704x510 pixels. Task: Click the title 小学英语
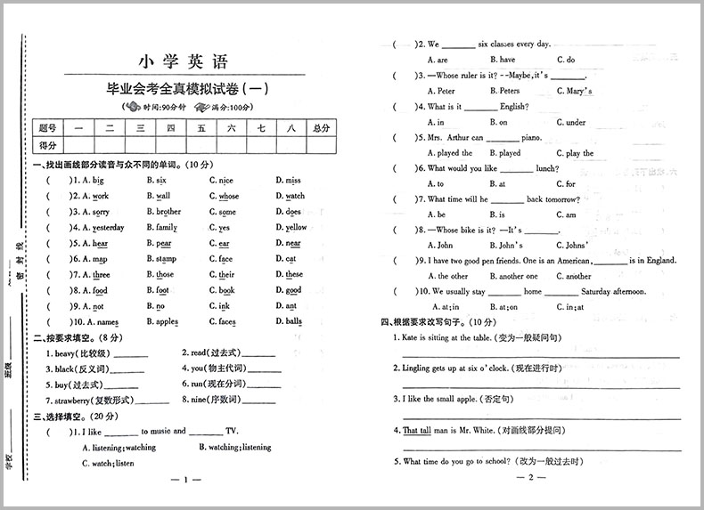click(x=184, y=61)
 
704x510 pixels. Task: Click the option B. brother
click(x=163, y=212)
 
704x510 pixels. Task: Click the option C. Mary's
click(x=574, y=91)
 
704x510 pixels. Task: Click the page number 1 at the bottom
click(x=185, y=482)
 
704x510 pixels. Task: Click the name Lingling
click(x=419, y=368)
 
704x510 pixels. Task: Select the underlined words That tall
click(x=416, y=430)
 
